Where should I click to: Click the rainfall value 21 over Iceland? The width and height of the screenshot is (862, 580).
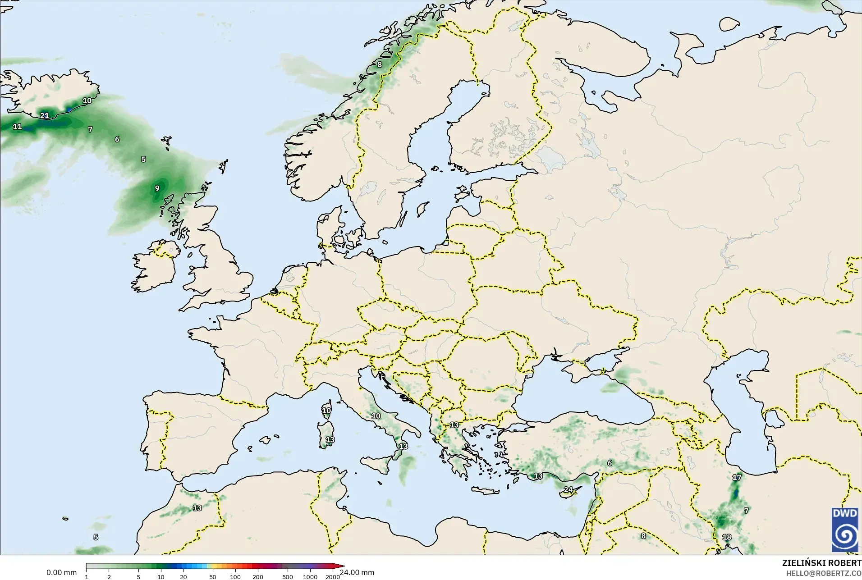pyautogui.click(x=44, y=116)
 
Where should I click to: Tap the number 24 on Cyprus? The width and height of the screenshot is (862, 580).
pyautogui.click(x=568, y=490)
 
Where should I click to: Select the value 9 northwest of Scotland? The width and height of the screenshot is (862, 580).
pyautogui.click(x=157, y=188)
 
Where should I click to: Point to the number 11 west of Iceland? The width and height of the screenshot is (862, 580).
pyautogui.click(x=17, y=127)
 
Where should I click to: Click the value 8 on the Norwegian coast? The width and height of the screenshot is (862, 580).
pyautogui.click(x=380, y=64)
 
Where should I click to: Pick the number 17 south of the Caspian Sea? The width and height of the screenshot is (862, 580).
pyautogui.click(x=737, y=477)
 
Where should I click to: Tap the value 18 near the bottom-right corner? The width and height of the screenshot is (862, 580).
pyautogui.click(x=727, y=537)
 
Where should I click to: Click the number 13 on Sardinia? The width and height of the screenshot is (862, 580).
pyautogui.click(x=330, y=440)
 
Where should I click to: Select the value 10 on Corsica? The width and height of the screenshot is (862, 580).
pyautogui.click(x=326, y=411)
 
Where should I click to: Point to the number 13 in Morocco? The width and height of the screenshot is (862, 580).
pyautogui.click(x=197, y=508)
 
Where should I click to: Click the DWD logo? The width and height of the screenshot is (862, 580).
pyautogui.click(x=845, y=529)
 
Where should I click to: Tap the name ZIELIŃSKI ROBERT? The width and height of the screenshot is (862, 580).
pyautogui.click(x=821, y=563)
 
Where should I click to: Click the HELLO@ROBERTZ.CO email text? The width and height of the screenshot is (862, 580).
pyautogui.click(x=824, y=574)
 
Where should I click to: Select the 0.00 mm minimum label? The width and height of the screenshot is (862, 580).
pyautogui.click(x=61, y=573)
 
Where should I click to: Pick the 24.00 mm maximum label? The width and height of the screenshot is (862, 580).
pyautogui.click(x=357, y=573)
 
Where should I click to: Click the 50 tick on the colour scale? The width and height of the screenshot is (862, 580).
pyautogui.click(x=213, y=577)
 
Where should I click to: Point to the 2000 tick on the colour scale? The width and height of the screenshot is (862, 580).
pyautogui.click(x=333, y=577)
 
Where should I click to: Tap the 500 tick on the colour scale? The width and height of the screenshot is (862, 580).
pyautogui.click(x=288, y=577)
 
